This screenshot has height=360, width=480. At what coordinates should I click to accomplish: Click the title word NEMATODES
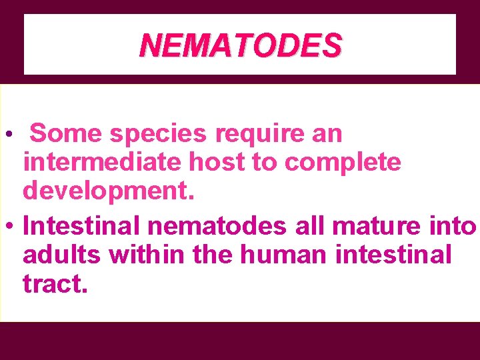pos(241,45)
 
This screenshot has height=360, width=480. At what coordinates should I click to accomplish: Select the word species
pos(159,134)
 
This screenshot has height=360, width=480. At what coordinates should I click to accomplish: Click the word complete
pos(345,162)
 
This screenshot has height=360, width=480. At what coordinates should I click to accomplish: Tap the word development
pos(109,190)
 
